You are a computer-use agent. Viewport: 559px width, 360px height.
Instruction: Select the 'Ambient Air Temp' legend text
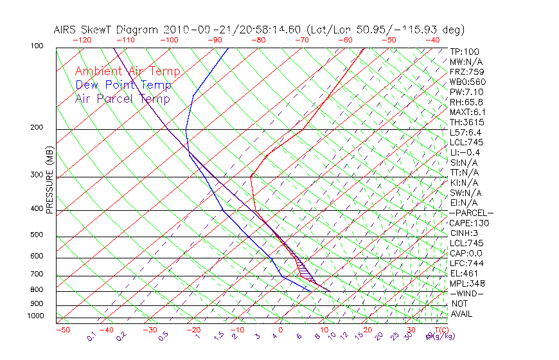(x=127, y=71)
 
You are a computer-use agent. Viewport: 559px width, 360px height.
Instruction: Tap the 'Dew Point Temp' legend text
(x=123, y=85)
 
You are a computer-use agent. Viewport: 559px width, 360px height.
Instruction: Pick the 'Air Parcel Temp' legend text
(x=122, y=98)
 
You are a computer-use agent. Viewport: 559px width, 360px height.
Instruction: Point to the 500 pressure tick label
(x=37, y=235)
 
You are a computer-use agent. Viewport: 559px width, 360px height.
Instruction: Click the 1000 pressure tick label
(x=35, y=316)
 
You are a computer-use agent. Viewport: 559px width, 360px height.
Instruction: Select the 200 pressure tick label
(x=37, y=128)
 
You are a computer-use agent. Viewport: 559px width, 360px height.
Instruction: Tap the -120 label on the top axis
(x=82, y=40)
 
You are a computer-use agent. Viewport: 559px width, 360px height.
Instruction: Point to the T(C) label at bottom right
(x=440, y=330)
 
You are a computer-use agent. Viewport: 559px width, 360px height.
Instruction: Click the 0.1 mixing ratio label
(x=92, y=336)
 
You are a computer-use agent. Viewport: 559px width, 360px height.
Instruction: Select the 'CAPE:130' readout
(x=469, y=223)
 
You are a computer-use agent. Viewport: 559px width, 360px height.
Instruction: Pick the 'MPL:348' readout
(x=467, y=283)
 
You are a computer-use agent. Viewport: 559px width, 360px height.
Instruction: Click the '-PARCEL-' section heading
(x=471, y=213)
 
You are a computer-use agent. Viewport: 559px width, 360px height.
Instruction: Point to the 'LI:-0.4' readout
(x=465, y=152)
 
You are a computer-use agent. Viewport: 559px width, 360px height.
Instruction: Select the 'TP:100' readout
(x=465, y=52)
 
